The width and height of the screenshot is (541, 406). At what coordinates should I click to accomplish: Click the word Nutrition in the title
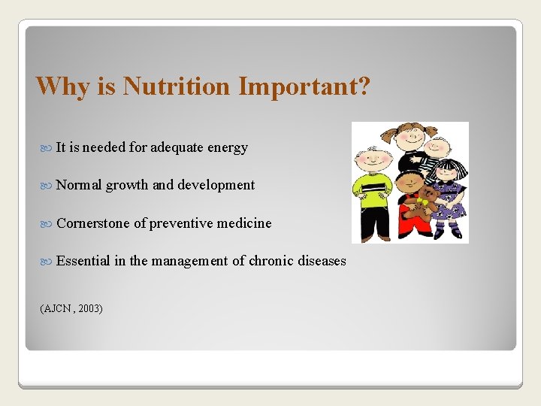(177, 86)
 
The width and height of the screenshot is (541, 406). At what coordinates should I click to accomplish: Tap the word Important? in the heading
(304, 86)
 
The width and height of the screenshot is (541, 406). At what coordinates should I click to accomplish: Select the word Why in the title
(64, 86)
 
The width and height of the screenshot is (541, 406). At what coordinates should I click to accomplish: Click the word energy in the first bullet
(228, 148)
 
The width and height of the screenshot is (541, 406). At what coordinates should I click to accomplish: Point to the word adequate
(177, 147)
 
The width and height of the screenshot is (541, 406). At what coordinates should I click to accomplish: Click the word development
(217, 185)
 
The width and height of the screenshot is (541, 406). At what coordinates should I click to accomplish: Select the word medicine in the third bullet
(244, 223)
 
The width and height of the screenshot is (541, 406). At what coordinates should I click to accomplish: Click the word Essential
(83, 261)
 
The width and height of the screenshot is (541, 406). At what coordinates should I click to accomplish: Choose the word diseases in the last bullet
(322, 261)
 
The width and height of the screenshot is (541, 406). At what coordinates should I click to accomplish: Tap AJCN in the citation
(55, 308)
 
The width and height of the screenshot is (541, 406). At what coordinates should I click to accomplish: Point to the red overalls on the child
(410, 218)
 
